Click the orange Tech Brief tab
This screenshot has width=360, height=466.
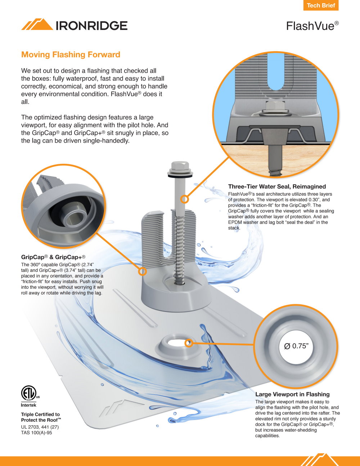[x=321, y=5]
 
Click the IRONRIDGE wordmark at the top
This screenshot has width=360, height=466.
[x=91, y=26]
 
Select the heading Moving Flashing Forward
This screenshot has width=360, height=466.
[x=71, y=55]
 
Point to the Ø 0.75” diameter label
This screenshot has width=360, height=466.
[x=296, y=346]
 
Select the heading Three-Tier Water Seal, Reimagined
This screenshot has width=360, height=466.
[x=277, y=187]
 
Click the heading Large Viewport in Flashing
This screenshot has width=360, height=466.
[x=292, y=394]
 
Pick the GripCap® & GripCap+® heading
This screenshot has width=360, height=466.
[x=53, y=257]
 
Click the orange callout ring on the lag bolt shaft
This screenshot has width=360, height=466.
[x=184, y=199]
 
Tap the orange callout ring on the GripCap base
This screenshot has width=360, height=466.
[x=142, y=272]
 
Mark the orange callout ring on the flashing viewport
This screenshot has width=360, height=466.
[x=189, y=343]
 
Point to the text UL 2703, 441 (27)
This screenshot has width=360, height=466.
[x=40, y=427]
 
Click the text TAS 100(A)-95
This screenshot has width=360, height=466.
[x=36, y=433]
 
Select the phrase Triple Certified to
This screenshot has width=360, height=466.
[x=40, y=414]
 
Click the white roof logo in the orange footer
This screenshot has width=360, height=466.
[x=320, y=460]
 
